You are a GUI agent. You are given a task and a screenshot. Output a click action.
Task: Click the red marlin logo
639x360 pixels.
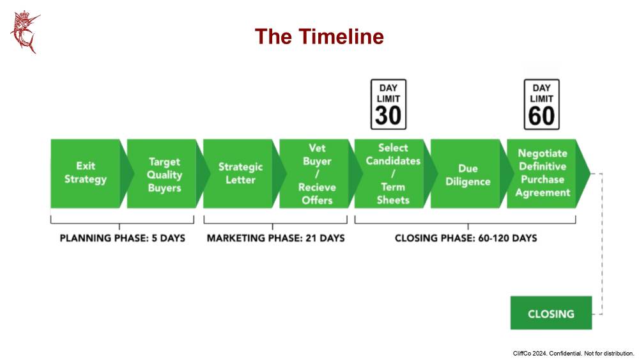tap(25, 32)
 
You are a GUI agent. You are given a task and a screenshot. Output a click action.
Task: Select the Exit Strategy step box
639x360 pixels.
tap(86, 174)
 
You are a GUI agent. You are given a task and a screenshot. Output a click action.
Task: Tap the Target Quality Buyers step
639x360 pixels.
tap(164, 175)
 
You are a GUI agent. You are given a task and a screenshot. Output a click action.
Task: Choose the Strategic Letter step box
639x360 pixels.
tap(240, 174)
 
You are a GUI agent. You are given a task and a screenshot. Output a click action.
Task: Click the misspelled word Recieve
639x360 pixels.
tap(317, 187)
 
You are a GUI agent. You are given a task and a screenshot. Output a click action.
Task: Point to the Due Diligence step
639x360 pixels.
tap(468, 175)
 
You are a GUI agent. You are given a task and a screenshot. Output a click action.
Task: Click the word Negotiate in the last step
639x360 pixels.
tap(543, 153)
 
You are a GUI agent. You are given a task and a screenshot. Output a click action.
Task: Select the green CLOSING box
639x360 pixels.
tap(551, 313)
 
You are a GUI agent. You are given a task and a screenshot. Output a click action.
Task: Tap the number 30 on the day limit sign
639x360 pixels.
tap(389, 115)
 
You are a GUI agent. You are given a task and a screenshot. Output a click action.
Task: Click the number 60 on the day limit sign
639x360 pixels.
tap(542, 115)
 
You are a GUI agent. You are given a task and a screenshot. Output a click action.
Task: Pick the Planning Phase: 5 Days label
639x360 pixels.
tap(122, 238)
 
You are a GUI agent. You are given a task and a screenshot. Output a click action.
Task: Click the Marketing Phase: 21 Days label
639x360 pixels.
tap(276, 238)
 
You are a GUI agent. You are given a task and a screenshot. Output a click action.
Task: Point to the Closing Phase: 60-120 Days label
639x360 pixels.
tap(466, 238)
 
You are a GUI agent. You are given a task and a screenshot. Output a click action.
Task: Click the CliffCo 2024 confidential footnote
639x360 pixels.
tap(573, 354)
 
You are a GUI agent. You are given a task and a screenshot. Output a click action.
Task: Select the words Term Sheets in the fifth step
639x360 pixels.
tap(393, 193)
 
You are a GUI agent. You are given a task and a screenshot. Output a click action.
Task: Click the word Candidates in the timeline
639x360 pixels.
tap(393, 160)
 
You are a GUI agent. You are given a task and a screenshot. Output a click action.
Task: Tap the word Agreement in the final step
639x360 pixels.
tap(543, 192)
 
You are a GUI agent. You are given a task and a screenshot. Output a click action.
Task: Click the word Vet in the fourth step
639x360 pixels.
tap(317, 148)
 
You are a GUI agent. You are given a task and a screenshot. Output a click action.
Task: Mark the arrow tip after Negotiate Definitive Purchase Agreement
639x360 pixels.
tap(590, 174)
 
